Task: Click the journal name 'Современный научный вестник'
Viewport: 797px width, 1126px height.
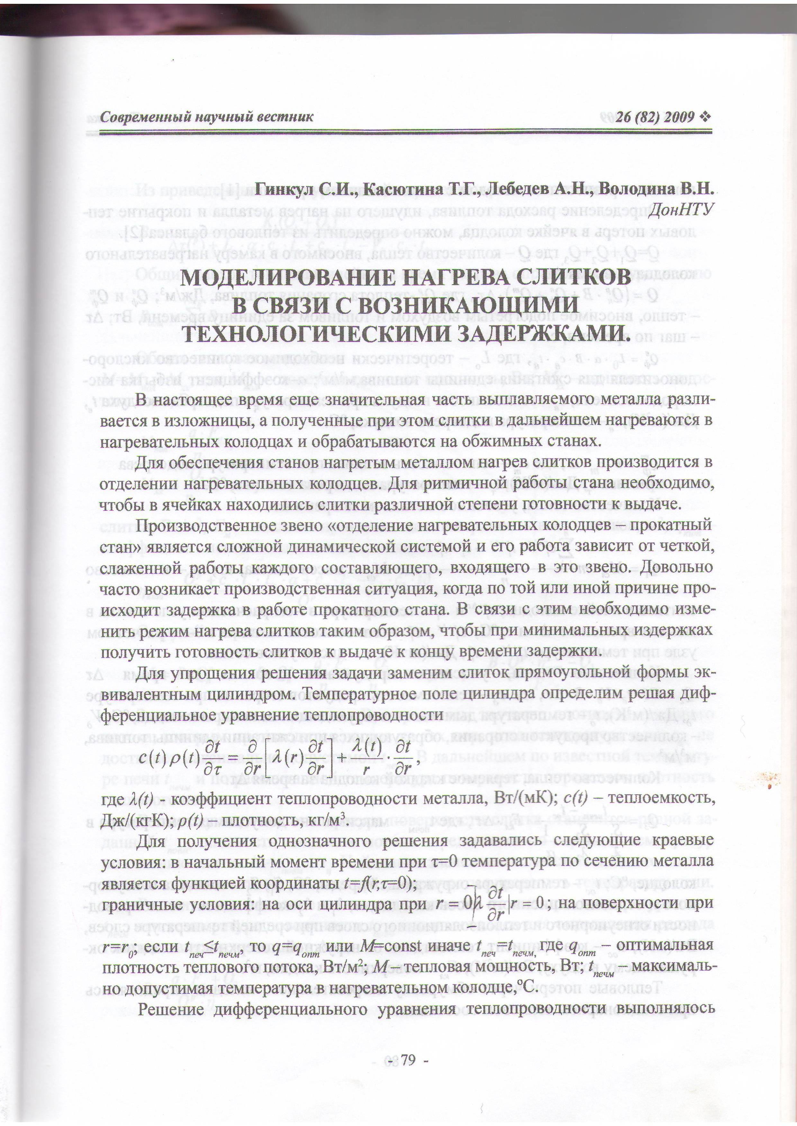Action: tap(206, 117)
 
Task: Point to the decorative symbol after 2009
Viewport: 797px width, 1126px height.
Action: tap(705, 117)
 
